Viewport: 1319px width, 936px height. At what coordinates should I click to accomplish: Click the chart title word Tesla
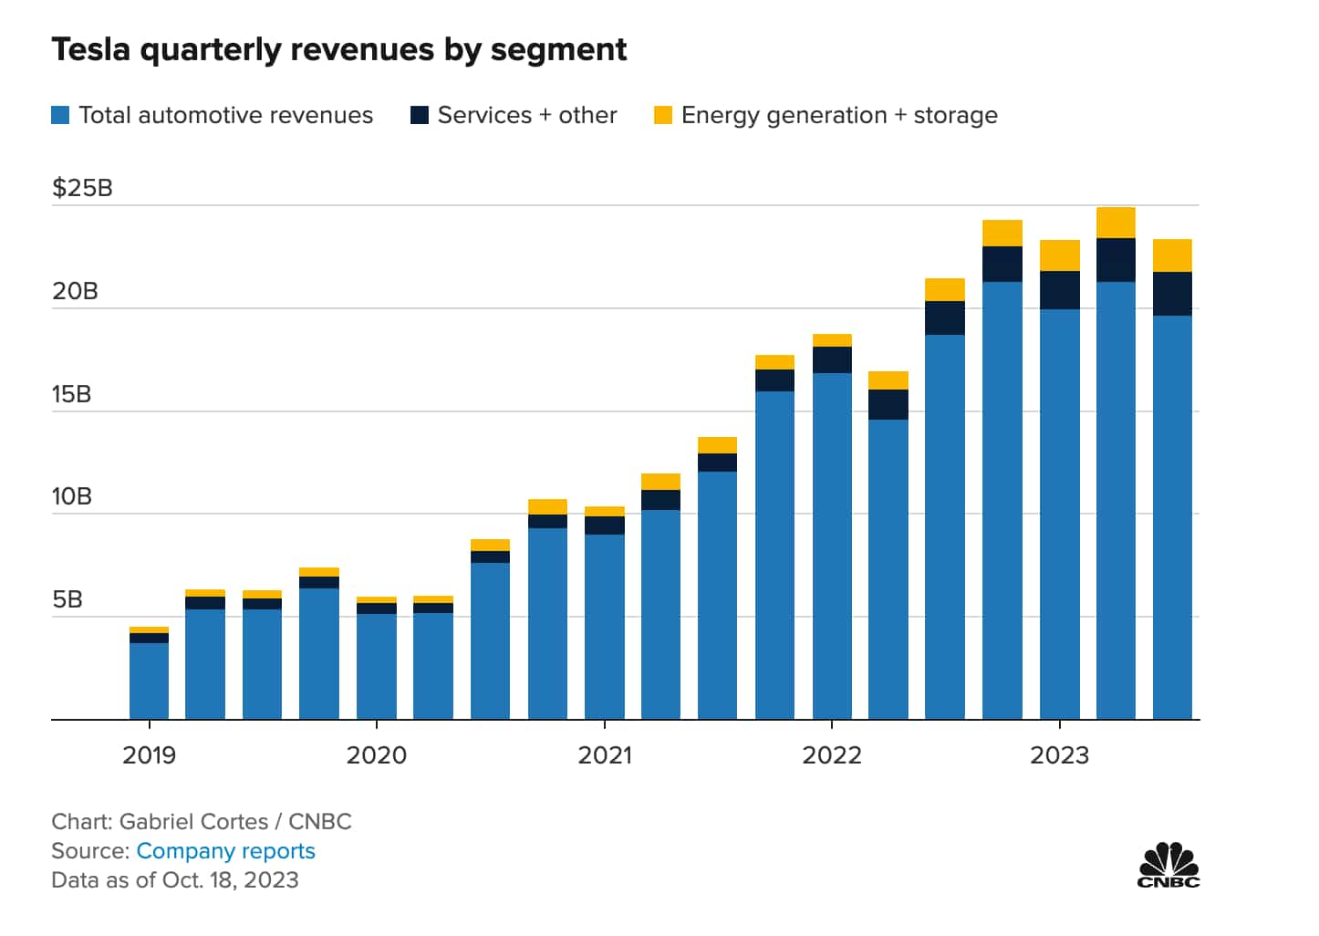[x=91, y=49]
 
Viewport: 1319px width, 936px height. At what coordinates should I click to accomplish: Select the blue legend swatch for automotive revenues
[x=60, y=115]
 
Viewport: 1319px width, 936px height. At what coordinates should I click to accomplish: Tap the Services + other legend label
[x=526, y=115]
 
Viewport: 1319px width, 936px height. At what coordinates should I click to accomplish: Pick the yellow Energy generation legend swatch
[x=663, y=115]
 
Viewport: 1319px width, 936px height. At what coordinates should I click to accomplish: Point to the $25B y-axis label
[x=82, y=188]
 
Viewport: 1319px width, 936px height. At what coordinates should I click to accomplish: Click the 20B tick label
[x=74, y=291]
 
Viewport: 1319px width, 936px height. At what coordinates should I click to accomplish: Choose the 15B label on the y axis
[x=71, y=394]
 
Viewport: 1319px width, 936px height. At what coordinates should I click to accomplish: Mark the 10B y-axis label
[x=71, y=496]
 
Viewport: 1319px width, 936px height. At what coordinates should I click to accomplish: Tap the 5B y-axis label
[x=67, y=599]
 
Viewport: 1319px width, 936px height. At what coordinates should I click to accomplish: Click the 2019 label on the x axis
[x=149, y=755]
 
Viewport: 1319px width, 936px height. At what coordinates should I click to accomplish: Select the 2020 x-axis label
[x=376, y=755]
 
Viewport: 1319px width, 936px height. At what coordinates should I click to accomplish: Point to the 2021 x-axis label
[x=604, y=755]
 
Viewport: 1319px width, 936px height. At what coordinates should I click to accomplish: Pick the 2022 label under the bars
[x=831, y=755]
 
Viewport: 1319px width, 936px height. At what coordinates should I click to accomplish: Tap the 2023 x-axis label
[x=1059, y=755]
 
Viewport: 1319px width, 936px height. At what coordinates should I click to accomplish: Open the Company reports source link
[x=225, y=851]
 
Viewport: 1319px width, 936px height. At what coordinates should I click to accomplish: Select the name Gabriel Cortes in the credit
[x=193, y=822]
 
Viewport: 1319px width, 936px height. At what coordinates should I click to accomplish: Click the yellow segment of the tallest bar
[x=1116, y=223]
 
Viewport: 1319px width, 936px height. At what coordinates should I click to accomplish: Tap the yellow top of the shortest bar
[x=149, y=629]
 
